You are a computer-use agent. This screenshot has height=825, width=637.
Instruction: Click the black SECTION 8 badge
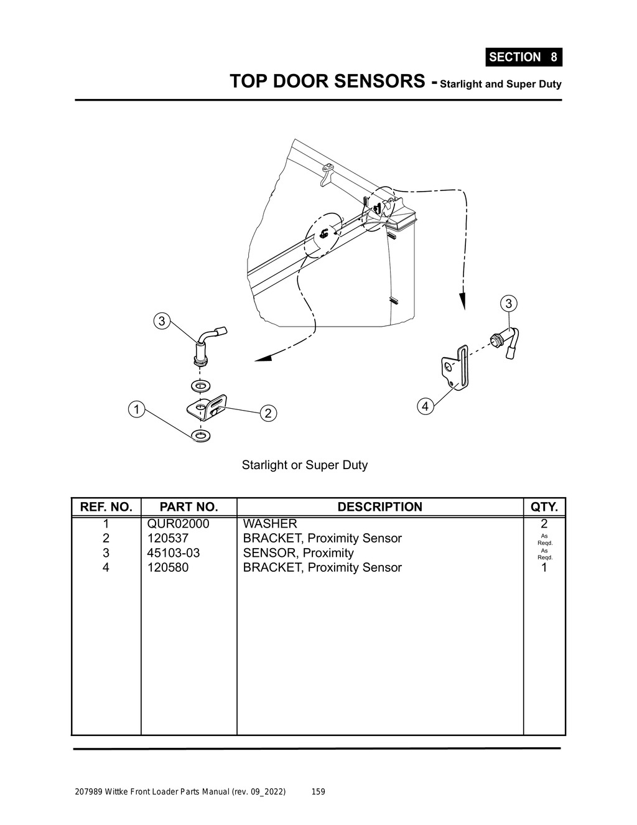pyautogui.click(x=523, y=57)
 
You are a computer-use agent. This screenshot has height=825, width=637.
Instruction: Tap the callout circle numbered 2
pyautogui.click(x=268, y=413)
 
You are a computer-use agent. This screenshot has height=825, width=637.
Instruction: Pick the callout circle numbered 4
pyautogui.click(x=425, y=407)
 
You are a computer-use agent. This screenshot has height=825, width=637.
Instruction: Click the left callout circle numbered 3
pyautogui.click(x=162, y=321)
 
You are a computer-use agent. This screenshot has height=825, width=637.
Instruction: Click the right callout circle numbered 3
pyautogui.click(x=509, y=304)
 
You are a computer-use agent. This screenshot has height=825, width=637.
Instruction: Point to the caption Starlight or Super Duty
pyautogui.click(x=305, y=465)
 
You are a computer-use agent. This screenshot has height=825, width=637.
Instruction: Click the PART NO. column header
pyautogui.click(x=188, y=507)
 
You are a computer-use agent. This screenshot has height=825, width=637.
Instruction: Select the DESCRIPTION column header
pyautogui.click(x=379, y=507)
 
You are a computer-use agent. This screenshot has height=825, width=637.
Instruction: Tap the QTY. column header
pyautogui.click(x=544, y=507)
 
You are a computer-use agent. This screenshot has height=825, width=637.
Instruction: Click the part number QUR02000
pyautogui.click(x=178, y=524)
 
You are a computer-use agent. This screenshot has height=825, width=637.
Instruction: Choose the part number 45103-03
pyautogui.click(x=174, y=553)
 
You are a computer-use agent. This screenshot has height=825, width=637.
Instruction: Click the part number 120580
pyautogui.click(x=168, y=567)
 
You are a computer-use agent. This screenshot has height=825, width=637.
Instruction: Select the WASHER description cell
pyautogui.click(x=270, y=524)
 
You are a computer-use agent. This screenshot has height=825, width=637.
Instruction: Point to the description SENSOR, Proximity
pyautogui.click(x=298, y=553)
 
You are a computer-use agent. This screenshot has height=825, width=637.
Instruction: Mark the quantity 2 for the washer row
pyautogui.click(x=544, y=524)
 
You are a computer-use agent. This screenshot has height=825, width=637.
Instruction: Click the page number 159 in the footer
pyautogui.click(x=318, y=792)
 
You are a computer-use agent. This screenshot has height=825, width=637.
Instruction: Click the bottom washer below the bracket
pyautogui.click(x=201, y=435)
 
